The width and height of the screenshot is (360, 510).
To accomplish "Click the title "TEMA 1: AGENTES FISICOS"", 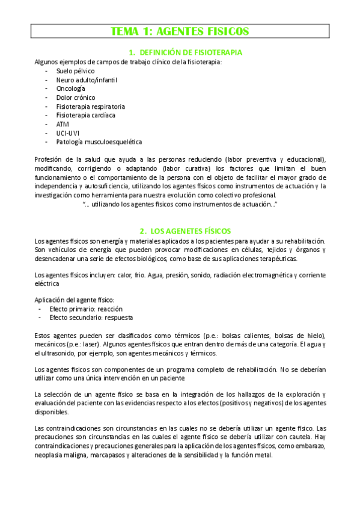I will tap(180, 31).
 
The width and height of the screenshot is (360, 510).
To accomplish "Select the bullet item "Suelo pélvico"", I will tap(76, 70).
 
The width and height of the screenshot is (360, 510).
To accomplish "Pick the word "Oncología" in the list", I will tap(71, 88).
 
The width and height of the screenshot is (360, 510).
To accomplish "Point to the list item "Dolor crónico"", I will tap(76, 97).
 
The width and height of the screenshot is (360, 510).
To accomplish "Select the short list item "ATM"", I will tap(63, 124).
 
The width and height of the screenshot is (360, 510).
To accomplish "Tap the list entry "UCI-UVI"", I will tap(67, 133).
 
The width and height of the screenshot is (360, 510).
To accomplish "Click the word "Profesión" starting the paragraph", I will tap(49, 159).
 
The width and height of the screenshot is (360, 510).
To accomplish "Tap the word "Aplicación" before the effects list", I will tap(50, 300).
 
